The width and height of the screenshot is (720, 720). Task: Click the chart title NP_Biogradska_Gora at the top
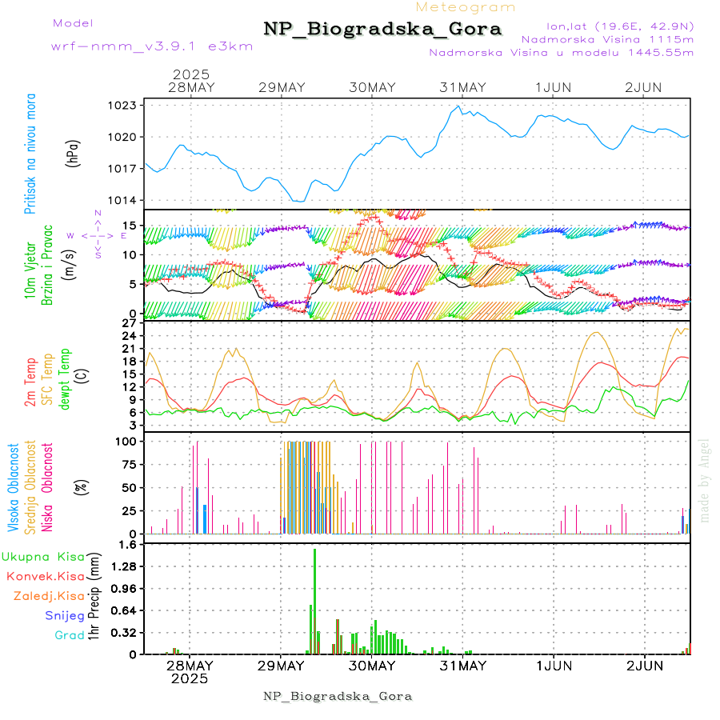point(382,30)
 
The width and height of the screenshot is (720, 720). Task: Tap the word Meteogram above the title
point(466,7)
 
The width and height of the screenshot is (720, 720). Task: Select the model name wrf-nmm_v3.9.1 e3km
point(152,46)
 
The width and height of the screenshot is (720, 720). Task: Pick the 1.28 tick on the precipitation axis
point(123,566)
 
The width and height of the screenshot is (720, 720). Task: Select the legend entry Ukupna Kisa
point(43,556)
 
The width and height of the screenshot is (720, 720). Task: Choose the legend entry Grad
point(69,635)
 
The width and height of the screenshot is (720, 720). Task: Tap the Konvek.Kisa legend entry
point(46,576)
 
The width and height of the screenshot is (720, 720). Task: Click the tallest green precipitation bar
point(314,600)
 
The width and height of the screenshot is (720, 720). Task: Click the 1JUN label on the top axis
point(554,86)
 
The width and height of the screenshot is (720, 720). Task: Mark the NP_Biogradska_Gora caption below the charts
point(338,696)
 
